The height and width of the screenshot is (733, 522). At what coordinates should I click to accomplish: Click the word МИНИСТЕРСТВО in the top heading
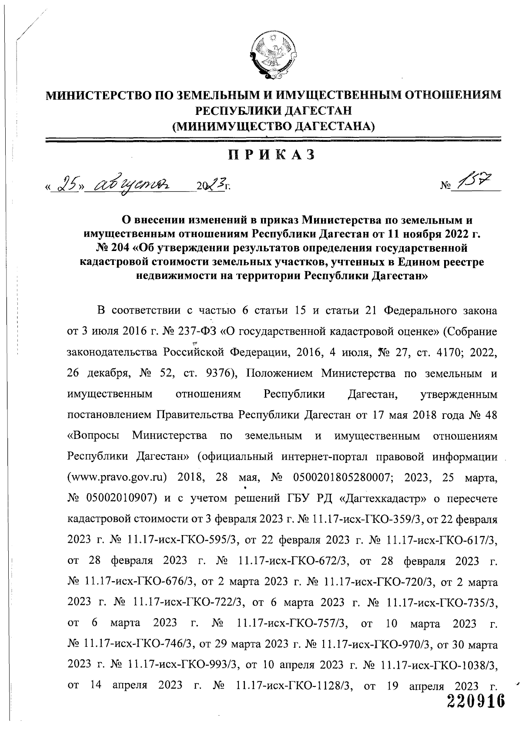pos(98,95)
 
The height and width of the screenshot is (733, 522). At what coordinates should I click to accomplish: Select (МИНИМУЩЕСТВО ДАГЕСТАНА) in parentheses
pos(273,127)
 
